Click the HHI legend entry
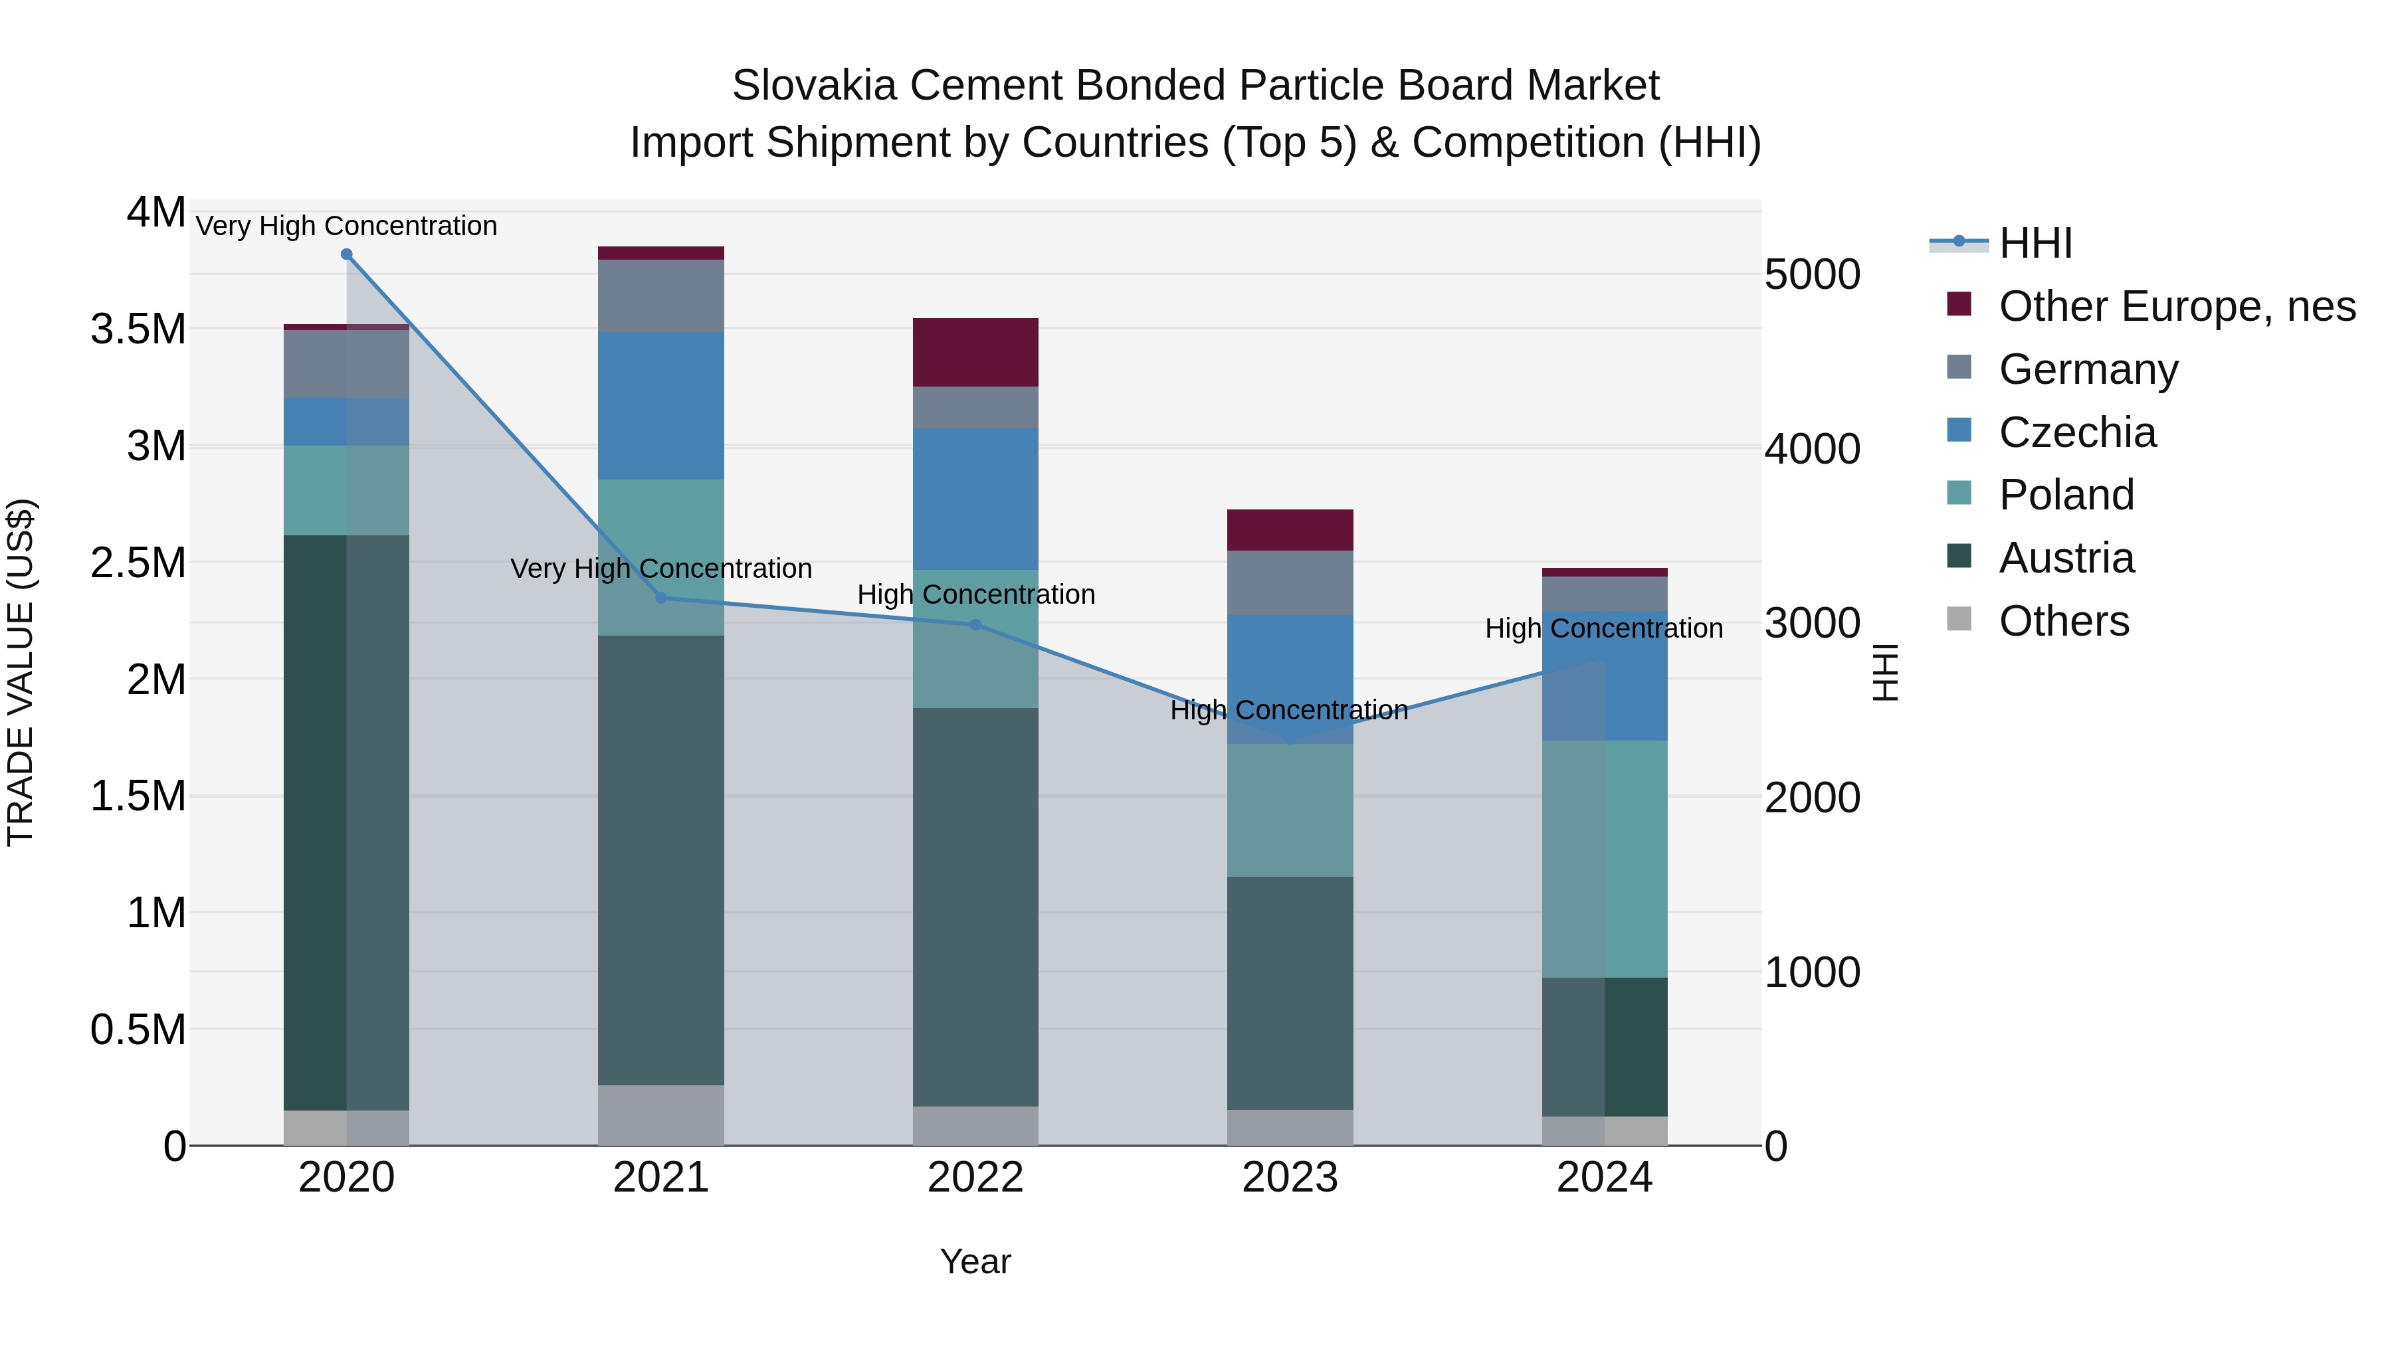(2035, 243)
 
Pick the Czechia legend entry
(2077, 432)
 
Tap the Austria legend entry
(2066, 558)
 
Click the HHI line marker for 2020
(346, 254)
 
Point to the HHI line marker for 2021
(661, 598)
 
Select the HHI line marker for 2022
(975, 625)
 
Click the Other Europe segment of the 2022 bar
(975, 353)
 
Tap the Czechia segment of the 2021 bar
(661, 406)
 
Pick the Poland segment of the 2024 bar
(1605, 859)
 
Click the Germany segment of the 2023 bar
(1290, 583)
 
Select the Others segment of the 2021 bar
(661, 1115)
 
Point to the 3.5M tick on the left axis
(138, 329)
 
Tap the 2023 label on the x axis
(1290, 1178)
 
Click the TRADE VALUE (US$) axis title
(21, 672)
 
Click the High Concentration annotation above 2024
(1604, 628)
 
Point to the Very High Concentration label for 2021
(661, 568)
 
